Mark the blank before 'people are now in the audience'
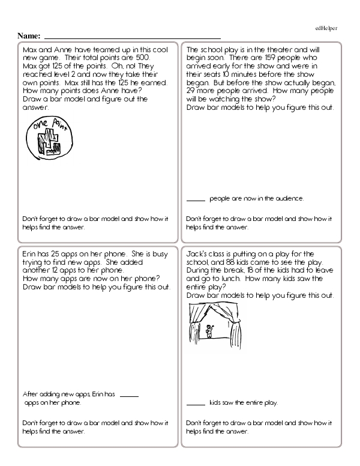196,199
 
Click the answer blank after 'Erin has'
130,395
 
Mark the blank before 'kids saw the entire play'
196,403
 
